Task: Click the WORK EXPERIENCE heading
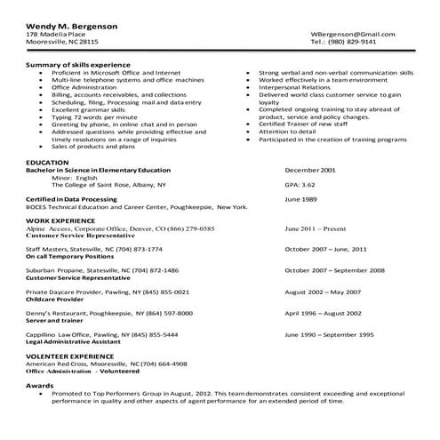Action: pos(60,220)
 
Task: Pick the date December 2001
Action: pos(310,170)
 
